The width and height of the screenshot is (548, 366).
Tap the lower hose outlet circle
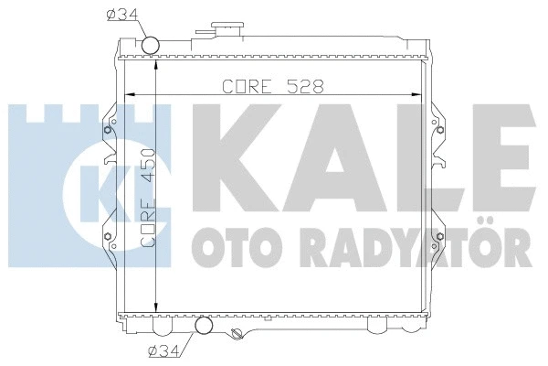(x=203, y=325)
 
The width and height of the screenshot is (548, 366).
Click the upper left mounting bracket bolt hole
(x=108, y=128)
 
